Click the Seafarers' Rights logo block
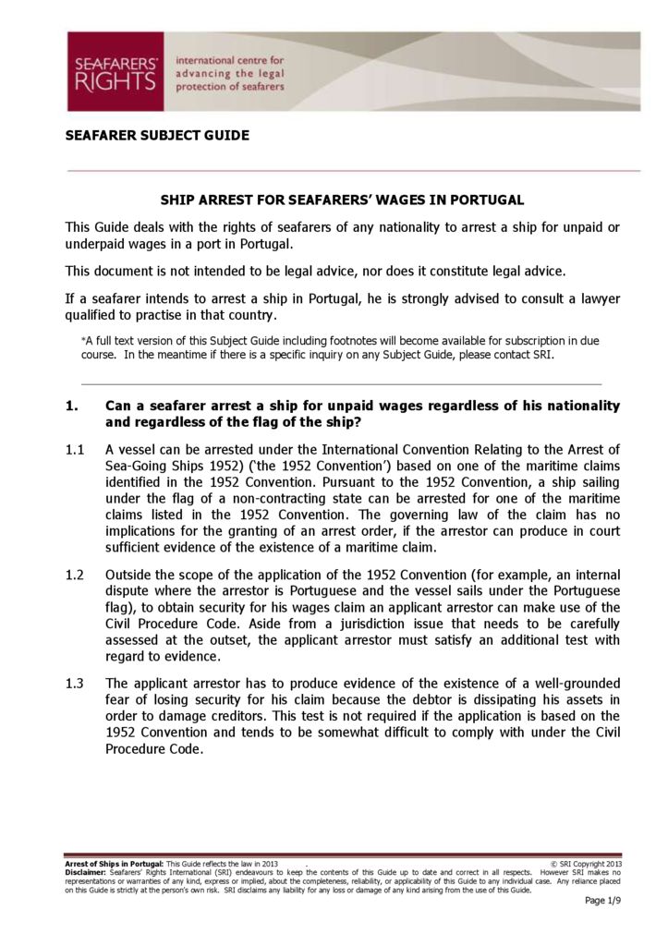tap(115, 72)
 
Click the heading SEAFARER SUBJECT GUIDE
tap(157, 136)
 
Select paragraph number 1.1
tap(76, 450)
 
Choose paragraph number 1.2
tap(76, 574)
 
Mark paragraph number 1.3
tap(76, 683)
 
